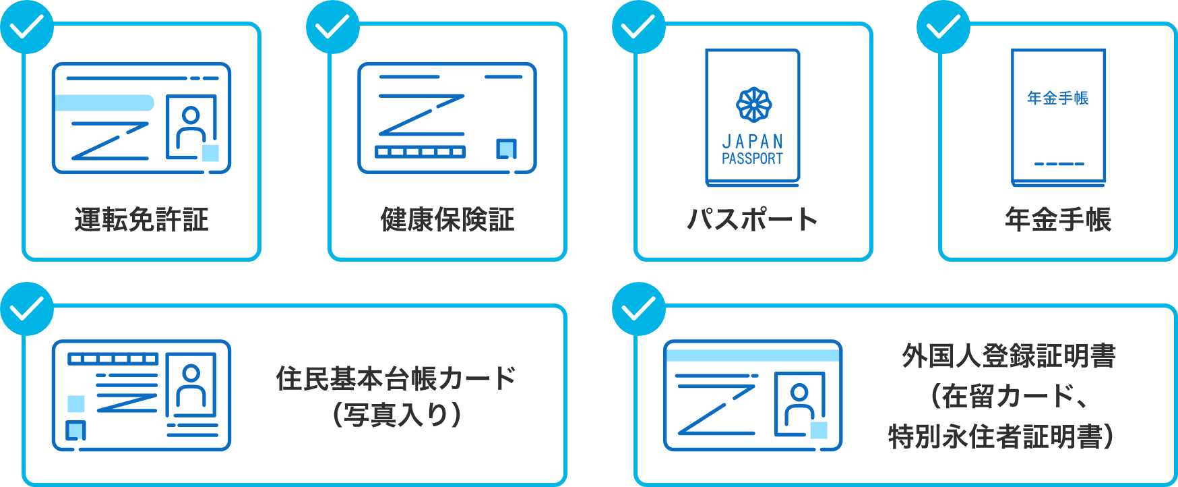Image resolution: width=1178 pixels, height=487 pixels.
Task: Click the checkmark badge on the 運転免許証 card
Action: click(27, 27)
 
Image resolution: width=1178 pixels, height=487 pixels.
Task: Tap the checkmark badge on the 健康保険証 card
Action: click(333, 27)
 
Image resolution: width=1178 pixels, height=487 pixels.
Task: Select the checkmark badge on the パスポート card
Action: click(638, 27)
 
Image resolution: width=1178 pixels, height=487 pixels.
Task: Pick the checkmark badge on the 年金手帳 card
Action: click(943, 27)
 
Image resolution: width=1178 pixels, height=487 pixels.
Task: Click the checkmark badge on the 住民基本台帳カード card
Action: click(27, 309)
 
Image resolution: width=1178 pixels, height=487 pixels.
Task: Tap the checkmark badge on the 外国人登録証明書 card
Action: click(638, 309)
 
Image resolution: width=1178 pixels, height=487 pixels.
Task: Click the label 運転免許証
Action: click(142, 220)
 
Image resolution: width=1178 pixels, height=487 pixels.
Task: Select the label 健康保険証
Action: click(447, 220)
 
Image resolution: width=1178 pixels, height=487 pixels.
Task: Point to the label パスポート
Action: click(752, 220)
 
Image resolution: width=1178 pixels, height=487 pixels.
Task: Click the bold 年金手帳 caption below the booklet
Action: click(1058, 220)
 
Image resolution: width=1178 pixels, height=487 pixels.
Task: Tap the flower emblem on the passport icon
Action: click(753, 105)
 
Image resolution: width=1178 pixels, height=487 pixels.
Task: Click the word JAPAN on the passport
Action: click(753, 142)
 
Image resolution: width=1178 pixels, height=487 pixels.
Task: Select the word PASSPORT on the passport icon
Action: click(753, 159)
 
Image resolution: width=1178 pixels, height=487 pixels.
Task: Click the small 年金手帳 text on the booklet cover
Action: click(1058, 98)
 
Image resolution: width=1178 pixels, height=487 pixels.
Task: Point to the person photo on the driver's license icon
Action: click(191, 126)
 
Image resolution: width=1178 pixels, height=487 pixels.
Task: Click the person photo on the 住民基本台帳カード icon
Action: click(191, 384)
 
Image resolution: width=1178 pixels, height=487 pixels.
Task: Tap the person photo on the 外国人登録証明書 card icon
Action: click(800, 403)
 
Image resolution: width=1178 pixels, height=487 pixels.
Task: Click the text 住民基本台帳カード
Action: click(396, 379)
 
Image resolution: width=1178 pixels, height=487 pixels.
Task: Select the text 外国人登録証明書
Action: click(1009, 356)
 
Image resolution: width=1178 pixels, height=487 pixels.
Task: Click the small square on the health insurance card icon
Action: click(506, 148)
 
